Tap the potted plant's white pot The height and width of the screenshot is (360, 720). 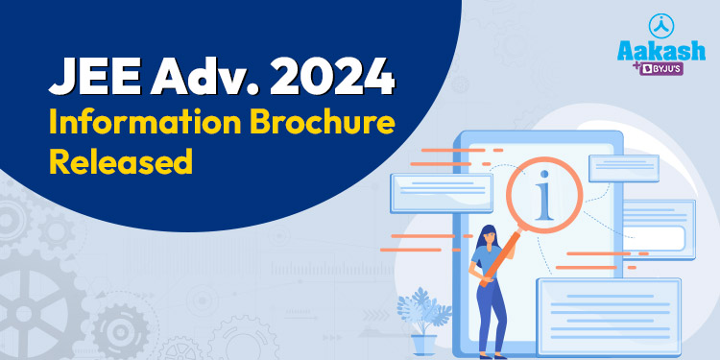pos(422,344)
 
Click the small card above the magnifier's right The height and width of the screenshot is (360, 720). pos(623,168)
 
